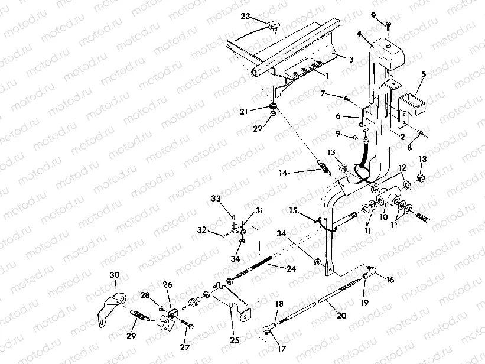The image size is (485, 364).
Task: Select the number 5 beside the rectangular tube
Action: [x=423, y=76]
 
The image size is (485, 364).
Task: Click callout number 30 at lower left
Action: [x=115, y=274]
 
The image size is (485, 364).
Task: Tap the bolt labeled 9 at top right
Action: [x=388, y=25]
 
